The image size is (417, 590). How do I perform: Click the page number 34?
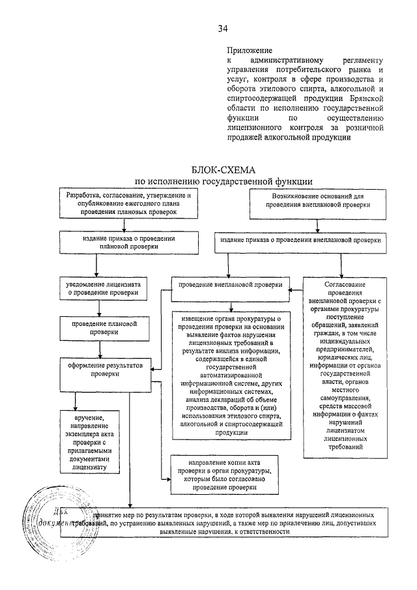[x=223, y=28]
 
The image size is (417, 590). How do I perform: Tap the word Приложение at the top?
[x=245, y=50]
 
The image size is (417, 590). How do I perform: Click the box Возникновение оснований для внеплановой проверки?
[x=317, y=200]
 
